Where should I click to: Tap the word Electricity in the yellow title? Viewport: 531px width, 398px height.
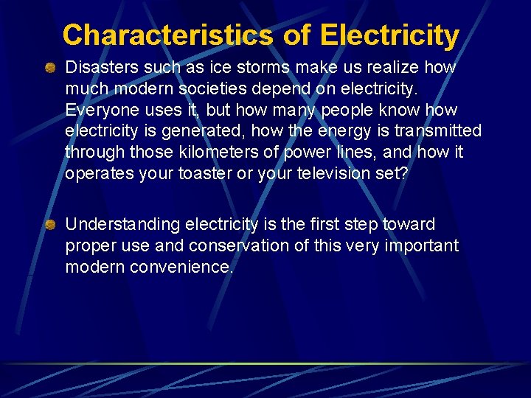pos(389,35)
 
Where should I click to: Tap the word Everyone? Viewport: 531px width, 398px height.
pos(99,111)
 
